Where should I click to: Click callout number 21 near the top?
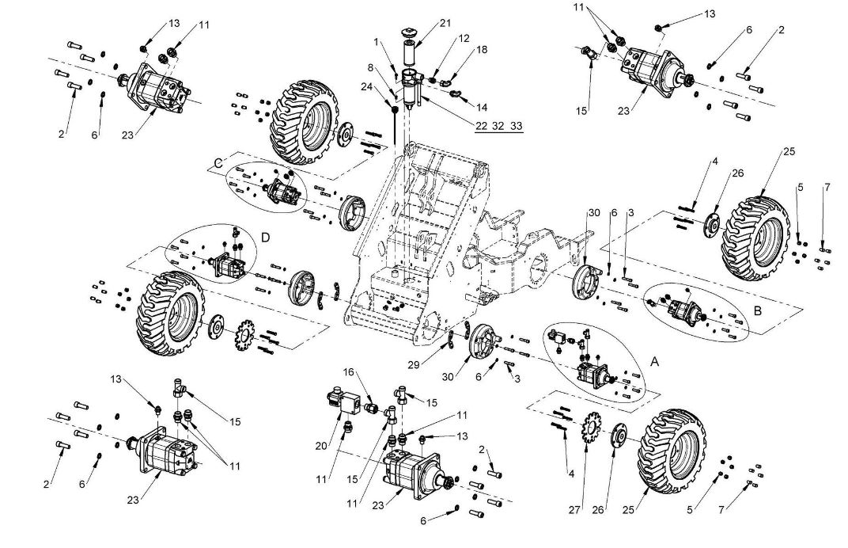click(x=445, y=22)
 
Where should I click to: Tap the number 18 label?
click(x=482, y=50)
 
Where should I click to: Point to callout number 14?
click(x=482, y=105)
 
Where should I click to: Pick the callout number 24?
click(x=366, y=86)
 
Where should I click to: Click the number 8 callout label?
click(x=369, y=67)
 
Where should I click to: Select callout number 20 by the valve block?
click(x=320, y=446)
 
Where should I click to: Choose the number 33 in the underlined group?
click(x=516, y=126)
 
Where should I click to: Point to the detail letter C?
click(x=218, y=162)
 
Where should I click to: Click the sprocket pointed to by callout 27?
click(x=589, y=431)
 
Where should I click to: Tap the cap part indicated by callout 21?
click(x=410, y=32)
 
